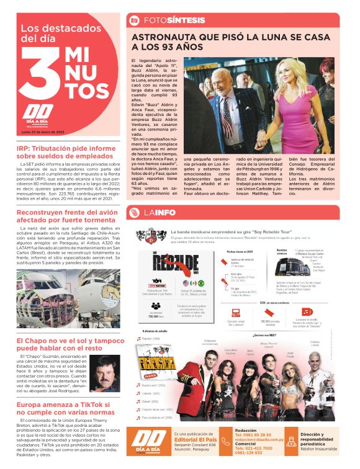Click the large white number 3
pyautogui.click(x=42, y=74)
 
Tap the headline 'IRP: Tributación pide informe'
pyautogui.click(x=67, y=148)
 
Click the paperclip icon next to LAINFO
pyautogui.click(x=133, y=213)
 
